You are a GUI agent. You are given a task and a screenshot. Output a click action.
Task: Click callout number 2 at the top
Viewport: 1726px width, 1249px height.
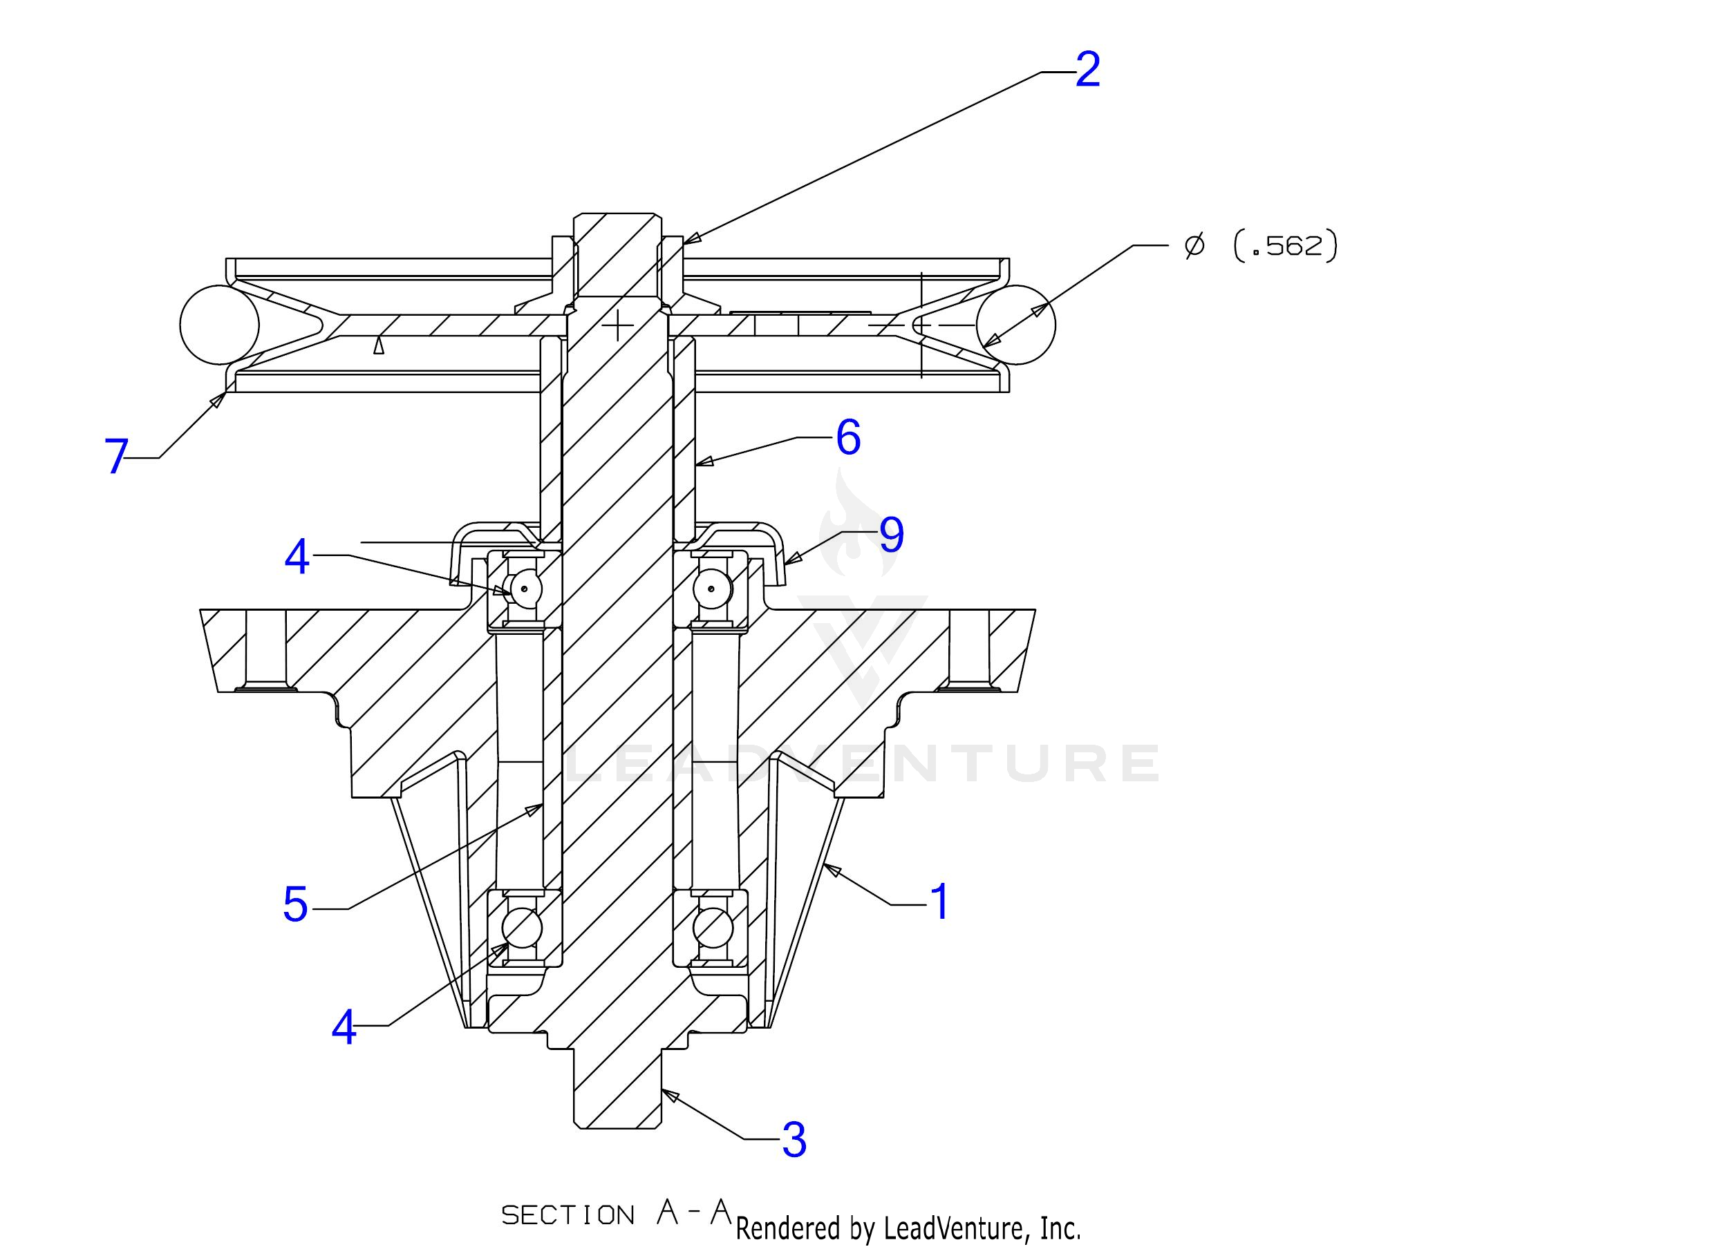pos(1087,70)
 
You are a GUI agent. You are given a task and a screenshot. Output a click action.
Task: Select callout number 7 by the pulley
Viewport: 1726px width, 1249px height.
pos(115,457)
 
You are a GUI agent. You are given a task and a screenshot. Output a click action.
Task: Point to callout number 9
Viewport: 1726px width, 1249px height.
pos(891,535)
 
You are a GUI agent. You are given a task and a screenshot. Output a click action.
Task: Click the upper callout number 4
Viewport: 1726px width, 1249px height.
pos(297,557)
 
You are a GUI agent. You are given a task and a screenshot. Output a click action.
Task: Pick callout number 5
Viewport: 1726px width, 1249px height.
pos(295,904)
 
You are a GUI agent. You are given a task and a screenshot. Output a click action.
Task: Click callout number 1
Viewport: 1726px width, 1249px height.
pos(941,902)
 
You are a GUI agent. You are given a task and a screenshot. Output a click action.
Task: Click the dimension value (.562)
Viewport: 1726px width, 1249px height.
pos(1284,247)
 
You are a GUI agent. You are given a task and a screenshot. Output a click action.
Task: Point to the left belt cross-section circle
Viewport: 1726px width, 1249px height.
pos(219,325)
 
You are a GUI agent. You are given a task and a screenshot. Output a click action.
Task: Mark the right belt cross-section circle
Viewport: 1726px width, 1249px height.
pos(1017,325)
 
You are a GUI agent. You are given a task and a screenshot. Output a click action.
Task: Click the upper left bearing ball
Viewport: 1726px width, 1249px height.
pos(525,587)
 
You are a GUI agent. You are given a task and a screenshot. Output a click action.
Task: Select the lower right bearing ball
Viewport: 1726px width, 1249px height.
pos(713,928)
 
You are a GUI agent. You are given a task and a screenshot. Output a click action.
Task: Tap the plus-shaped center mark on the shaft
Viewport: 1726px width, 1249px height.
pos(618,325)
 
